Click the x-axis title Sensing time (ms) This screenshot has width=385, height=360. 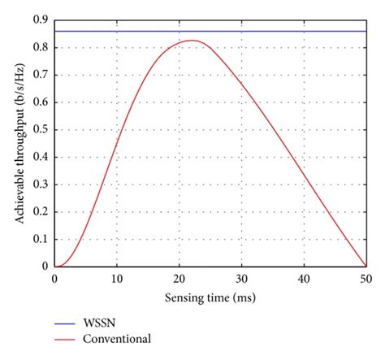210,299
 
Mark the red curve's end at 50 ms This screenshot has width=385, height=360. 366,265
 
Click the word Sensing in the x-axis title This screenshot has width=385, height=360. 184,299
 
